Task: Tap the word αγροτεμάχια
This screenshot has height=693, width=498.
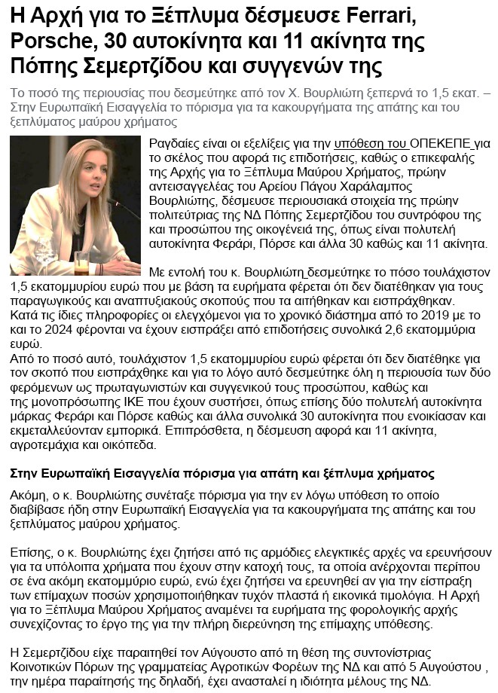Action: pyautogui.click(x=47, y=444)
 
